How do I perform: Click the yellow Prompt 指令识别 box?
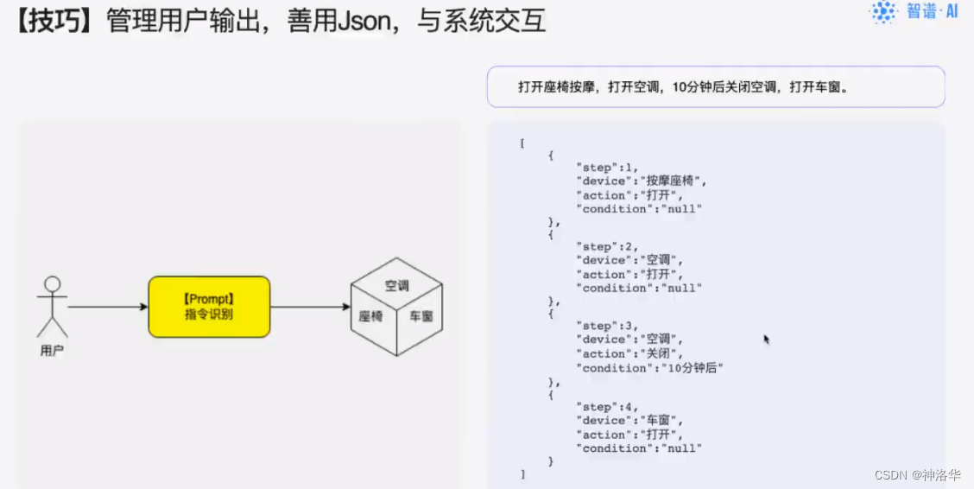[209, 307]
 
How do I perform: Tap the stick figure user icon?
[52, 306]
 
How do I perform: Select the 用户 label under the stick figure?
[52, 351]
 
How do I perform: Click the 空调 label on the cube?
[396, 285]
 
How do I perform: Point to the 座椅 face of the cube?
[371, 316]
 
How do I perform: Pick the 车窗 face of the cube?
[421, 316]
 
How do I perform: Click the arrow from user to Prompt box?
[107, 307]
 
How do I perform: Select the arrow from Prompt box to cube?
[310, 307]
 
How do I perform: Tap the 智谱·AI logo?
[914, 12]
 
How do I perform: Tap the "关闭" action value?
[661, 354]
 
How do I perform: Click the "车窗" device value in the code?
[661, 421]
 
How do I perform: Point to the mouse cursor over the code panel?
[766, 340]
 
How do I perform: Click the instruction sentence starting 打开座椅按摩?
[682, 87]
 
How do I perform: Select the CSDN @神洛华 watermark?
[917, 475]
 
